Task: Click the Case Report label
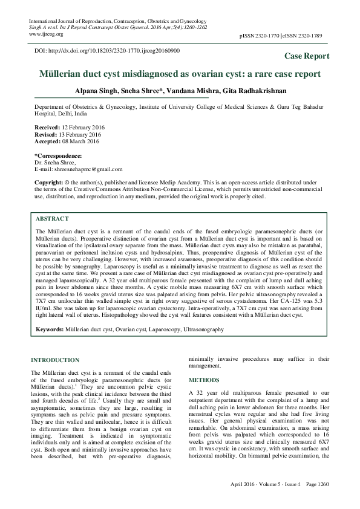click(x=307, y=56)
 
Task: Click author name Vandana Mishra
click(x=204, y=90)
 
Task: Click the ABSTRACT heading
click(x=52, y=218)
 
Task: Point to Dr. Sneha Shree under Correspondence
click(x=55, y=163)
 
